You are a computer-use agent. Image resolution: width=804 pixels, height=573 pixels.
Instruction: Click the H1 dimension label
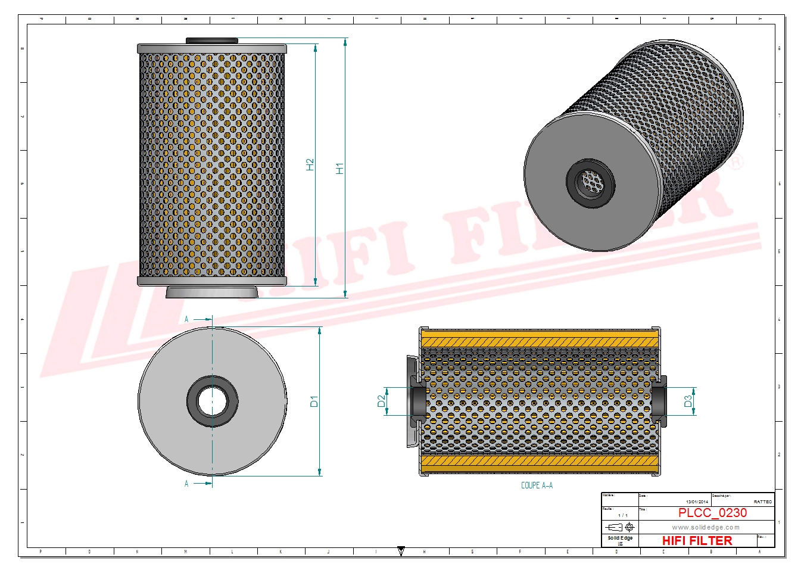[x=340, y=169]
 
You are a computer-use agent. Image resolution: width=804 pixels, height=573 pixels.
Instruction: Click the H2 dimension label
[x=310, y=164]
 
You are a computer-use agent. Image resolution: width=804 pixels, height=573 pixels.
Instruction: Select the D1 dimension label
[x=314, y=401]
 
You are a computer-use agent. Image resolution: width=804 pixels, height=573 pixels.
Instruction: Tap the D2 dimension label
[x=382, y=401]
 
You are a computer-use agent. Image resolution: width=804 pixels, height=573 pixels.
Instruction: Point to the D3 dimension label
[x=688, y=401]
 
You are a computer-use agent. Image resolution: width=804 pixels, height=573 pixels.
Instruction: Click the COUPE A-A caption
[x=537, y=485]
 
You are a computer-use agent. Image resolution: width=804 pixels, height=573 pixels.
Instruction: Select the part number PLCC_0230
[x=712, y=513]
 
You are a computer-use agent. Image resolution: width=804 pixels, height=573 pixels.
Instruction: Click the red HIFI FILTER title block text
[x=697, y=541]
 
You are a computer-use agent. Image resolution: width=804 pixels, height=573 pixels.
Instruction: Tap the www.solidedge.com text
[x=706, y=527]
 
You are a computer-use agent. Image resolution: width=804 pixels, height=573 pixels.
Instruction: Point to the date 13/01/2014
[x=697, y=502]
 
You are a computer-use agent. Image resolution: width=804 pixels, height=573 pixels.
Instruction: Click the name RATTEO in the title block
[x=762, y=502]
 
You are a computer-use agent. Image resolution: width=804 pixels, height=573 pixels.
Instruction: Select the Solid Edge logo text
[x=620, y=538]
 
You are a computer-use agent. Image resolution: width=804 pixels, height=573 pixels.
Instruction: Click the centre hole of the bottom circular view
[x=212, y=401]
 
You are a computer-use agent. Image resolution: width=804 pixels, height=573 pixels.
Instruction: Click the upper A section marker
[x=186, y=319]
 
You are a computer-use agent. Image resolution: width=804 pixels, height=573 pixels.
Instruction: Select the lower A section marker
[x=186, y=484]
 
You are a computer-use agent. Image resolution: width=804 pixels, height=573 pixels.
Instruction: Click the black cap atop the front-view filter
[x=212, y=41]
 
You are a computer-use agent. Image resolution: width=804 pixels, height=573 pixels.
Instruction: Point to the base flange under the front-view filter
[x=212, y=292]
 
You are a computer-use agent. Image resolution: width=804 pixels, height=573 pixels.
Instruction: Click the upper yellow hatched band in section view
[x=540, y=341]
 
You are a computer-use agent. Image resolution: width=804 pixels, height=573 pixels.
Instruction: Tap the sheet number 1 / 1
[x=623, y=515]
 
